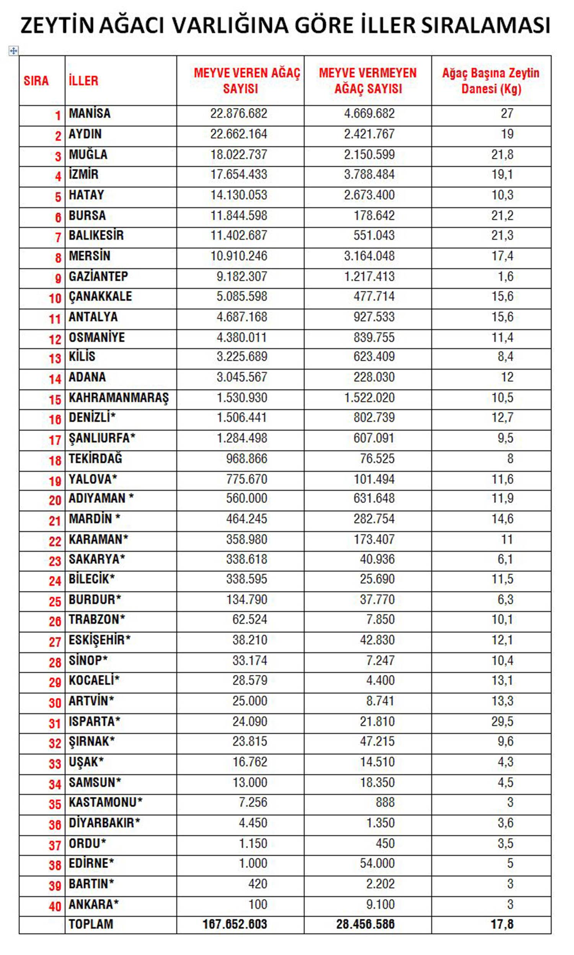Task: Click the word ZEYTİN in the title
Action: click(x=57, y=26)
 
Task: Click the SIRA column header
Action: click(x=36, y=81)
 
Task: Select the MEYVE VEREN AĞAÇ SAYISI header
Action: click(x=247, y=80)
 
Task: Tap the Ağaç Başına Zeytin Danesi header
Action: click(x=491, y=80)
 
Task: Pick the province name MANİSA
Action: click(x=90, y=113)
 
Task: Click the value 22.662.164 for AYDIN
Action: click(x=239, y=134)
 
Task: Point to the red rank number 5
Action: click(x=58, y=197)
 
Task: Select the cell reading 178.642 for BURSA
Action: click(x=374, y=215)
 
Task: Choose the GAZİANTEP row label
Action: click(x=98, y=276)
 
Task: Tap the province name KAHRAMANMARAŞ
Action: click(x=119, y=398)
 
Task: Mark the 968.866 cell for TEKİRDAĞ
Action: click(x=246, y=458)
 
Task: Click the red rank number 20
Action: click(x=55, y=500)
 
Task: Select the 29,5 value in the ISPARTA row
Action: click(x=502, y=722)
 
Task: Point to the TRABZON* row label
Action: click(x=97, y=619)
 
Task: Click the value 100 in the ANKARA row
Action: click(x=258, y=904)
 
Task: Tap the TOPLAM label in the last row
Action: click(x=91, y=924)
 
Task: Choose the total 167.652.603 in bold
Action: click(x=235, y=924)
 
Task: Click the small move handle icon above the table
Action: click(x=13, y=51)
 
